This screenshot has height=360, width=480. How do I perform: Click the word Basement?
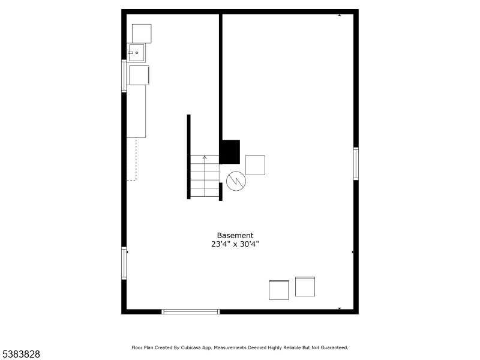tap(235, 235)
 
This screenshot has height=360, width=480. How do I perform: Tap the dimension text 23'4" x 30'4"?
tap(235, 244)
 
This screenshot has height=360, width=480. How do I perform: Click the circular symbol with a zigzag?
tap(236, 181)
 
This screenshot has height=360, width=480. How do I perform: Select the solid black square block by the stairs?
tap(231, 152)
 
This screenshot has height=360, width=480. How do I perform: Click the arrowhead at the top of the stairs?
tap(205, 157)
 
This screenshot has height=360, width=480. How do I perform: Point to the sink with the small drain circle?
tap(136, 53)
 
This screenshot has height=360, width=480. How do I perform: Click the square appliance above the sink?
tap(142, 34)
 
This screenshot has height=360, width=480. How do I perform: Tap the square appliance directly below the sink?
tap(139, 75)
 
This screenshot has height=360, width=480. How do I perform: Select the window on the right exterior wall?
tap(356, 163)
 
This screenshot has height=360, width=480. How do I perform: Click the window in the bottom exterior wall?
tap(190, 311)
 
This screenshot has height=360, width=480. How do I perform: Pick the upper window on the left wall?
tap(124, 76)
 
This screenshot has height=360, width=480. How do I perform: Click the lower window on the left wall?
tap(124, 263)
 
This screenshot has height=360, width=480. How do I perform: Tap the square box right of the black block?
tap(256, 166)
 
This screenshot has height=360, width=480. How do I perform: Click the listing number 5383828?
tap(20, 354)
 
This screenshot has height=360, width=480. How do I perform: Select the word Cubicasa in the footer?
tap(191, 347)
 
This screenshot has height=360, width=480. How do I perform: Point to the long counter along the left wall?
tap(136, 112)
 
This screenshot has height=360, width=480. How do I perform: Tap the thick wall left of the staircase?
tap(188, 157)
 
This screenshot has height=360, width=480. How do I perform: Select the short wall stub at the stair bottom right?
tap(221, 191)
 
